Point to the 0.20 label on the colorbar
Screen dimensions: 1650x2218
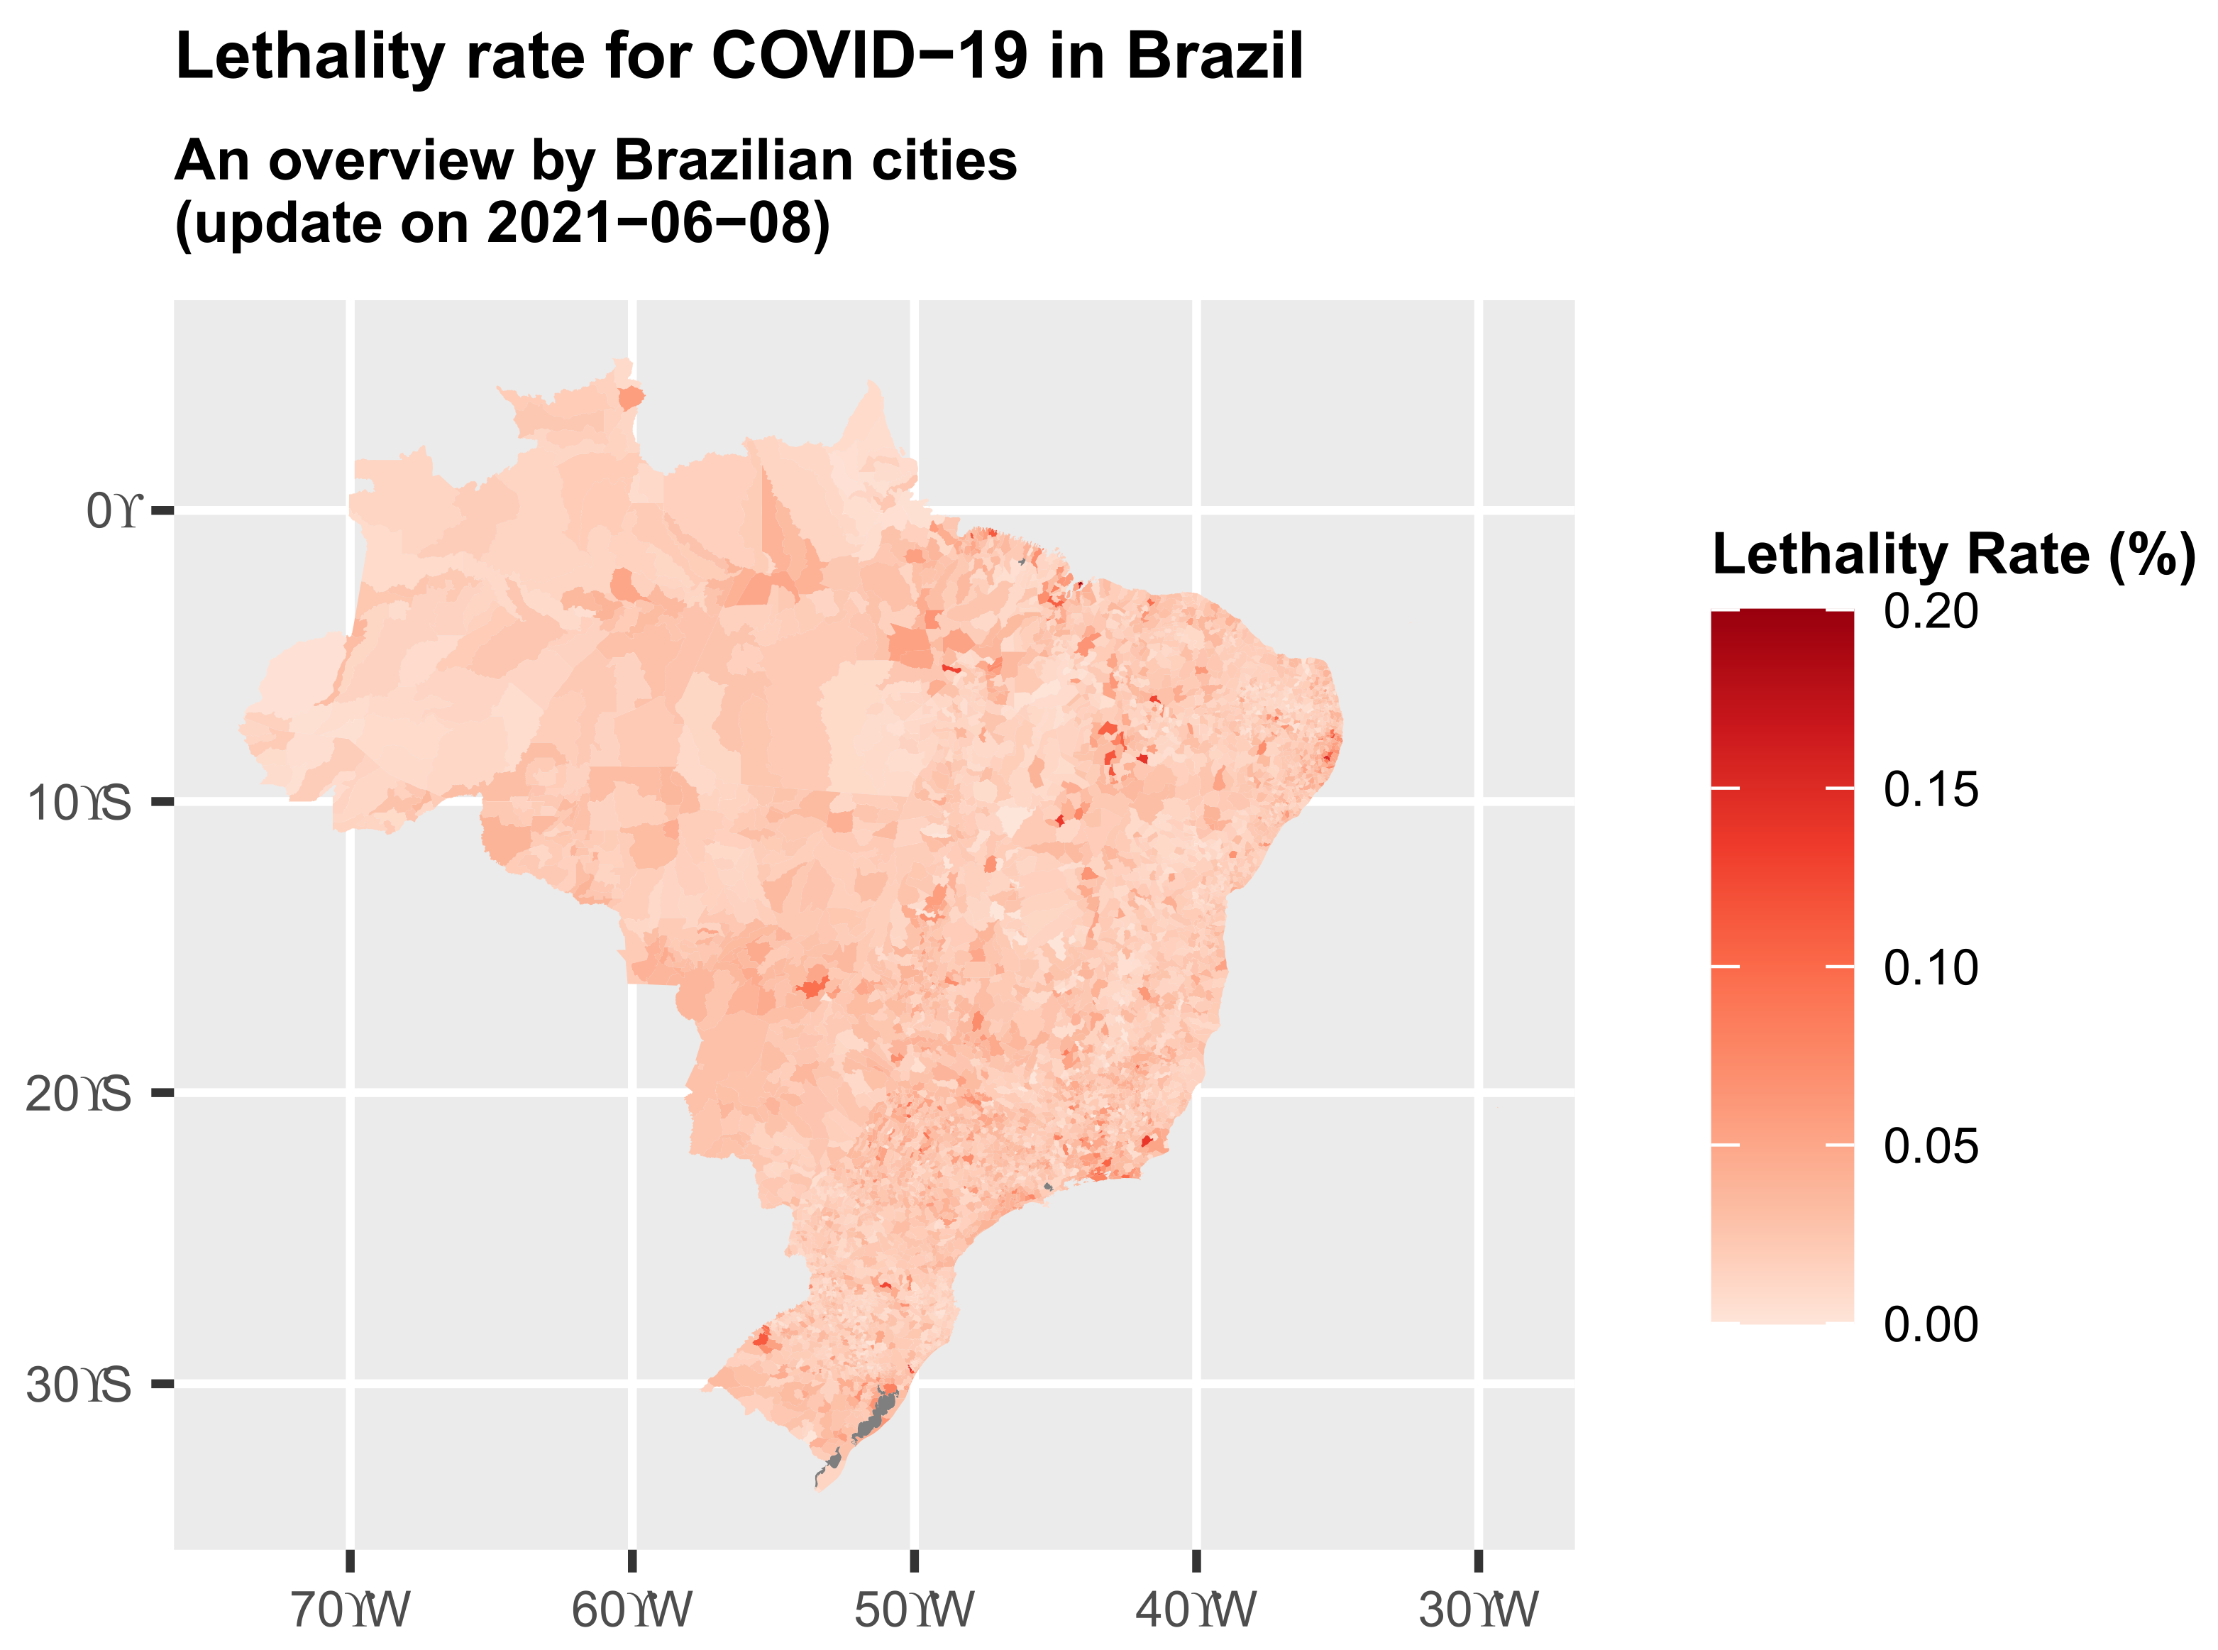1929,611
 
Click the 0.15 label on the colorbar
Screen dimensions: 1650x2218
1929,790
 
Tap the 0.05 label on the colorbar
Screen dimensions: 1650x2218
1929,1145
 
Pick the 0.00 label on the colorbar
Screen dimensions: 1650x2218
1929,1324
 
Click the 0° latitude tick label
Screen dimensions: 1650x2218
114,512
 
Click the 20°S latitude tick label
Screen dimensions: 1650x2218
78,1094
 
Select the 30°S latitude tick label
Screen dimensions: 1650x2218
78,1385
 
